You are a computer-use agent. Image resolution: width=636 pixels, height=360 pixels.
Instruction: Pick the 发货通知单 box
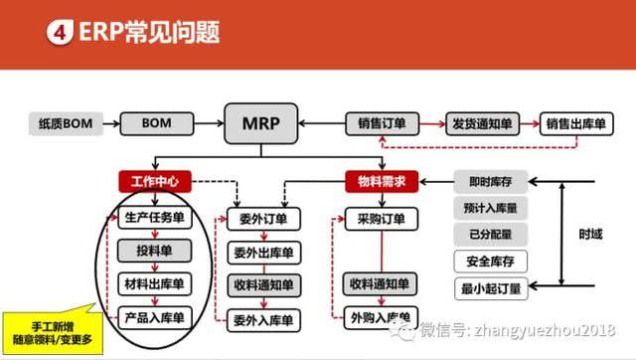pyautogui.click(x=481, y=124)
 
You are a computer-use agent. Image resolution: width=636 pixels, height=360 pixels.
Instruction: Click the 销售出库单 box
pyautogui.click(x=577, y=124)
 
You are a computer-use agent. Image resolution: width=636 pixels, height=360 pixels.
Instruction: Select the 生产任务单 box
pyautogui.click(x=154, y=218)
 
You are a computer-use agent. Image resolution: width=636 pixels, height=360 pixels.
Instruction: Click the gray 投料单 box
pyautogui.click(x=154, y=251)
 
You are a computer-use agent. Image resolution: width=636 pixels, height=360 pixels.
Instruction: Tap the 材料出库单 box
pyautogui.click(x=154, y=284)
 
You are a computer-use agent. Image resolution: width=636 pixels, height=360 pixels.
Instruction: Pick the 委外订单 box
pyautogui.click(x=262, y=218)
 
